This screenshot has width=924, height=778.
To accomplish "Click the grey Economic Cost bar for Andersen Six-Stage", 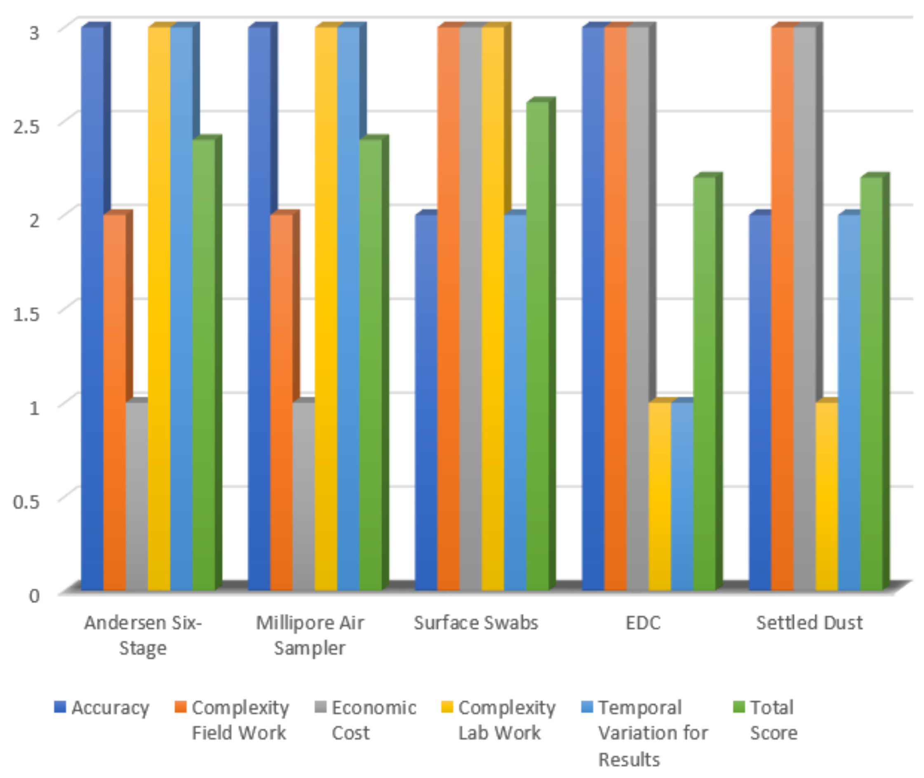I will click(x=137, y=496).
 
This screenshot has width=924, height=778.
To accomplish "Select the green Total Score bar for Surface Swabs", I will click(x=538, y=346).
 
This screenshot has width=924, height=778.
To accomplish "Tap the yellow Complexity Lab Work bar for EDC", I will click(x=660, y=496).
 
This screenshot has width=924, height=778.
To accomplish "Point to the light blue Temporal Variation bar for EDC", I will click(x=682, y=496).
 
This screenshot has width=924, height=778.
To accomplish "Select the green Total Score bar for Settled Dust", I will click(x=872, y=384).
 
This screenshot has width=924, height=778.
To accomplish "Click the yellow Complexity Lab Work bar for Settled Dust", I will click(x=827, y=496).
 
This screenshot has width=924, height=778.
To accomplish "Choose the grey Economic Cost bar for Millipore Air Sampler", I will click(x=303, y=496).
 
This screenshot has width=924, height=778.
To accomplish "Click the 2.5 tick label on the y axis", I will click(x=26, y=127).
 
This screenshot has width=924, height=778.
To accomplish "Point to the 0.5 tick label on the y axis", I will click(x=26, y=501).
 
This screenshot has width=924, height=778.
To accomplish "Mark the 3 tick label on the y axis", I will click(x=34, y=33).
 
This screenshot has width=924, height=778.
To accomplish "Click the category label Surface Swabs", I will click(x=476, y=623).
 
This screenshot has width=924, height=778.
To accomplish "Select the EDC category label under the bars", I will click(x=643, y=623).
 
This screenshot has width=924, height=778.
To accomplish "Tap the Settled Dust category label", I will click(x=809, y=623).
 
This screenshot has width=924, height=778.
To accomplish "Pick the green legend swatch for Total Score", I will click(x=739, y=707).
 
